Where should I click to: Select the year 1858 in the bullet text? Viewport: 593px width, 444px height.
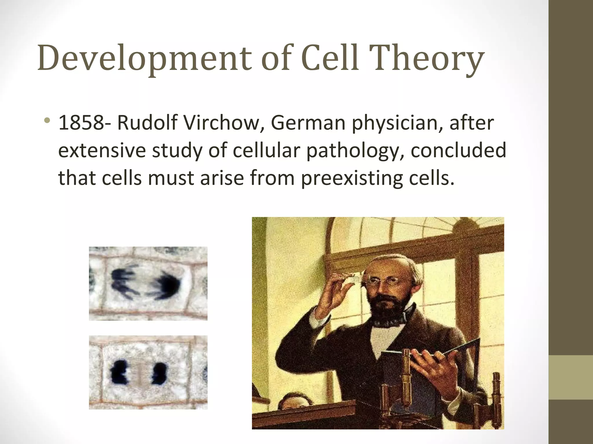coord(81,123)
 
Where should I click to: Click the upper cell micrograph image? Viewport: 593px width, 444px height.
coord(148,283)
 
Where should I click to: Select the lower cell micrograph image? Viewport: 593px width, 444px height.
coord(148,372)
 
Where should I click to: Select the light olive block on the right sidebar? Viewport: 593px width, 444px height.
coord(571,377)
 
